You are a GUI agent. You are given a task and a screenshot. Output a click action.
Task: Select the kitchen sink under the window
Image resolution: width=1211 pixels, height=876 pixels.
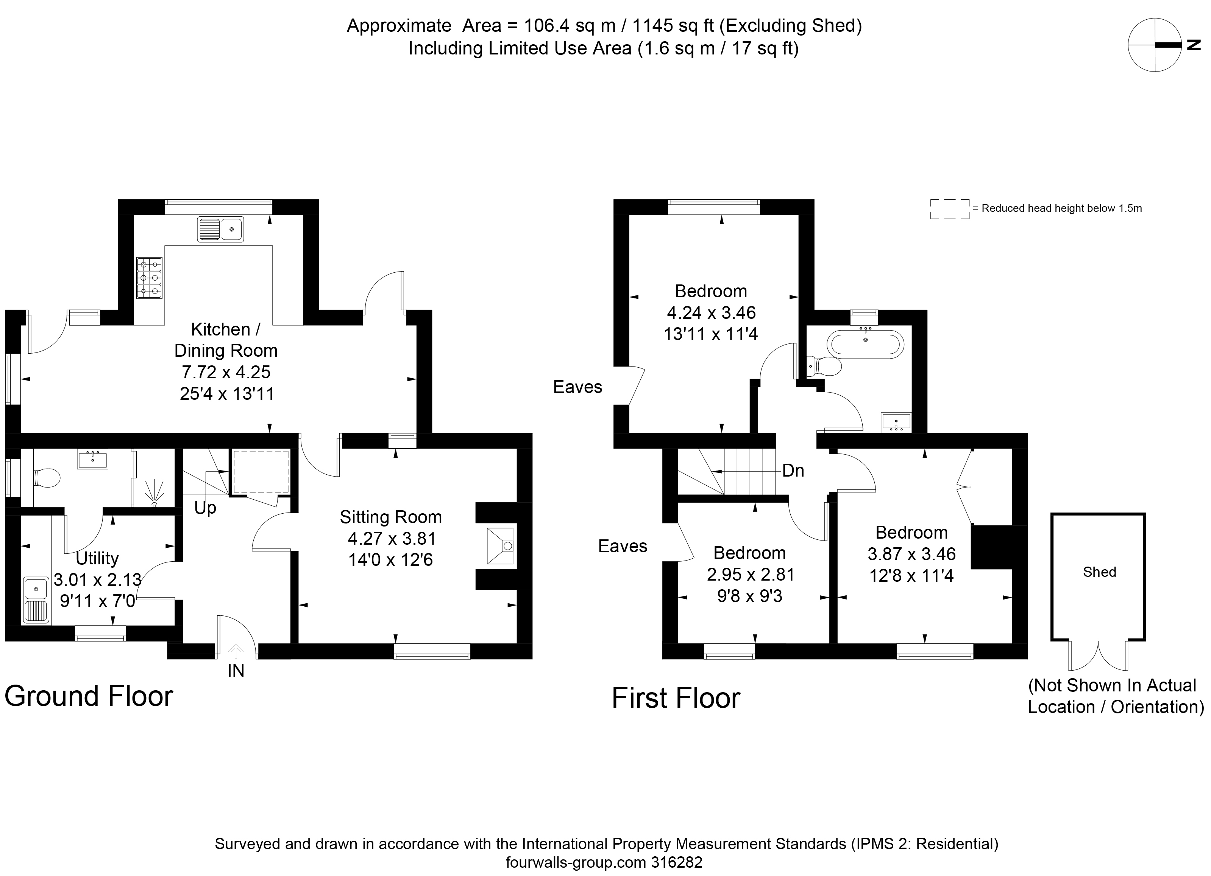click(x=220, y=229)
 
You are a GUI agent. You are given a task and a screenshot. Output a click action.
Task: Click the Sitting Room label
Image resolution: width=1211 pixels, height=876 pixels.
click(x=391, y=517)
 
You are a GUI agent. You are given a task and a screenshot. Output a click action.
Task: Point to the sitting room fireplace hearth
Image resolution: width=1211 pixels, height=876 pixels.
click(x=500, y=546)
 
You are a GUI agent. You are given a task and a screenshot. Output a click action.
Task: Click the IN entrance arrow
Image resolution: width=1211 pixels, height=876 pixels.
click(x=236, y=651)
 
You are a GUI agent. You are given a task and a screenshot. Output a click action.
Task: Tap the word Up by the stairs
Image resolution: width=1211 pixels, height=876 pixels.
click(x=205, y=508)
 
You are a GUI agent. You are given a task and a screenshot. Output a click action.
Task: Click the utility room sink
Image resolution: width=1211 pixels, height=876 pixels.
click(x=36, y=600)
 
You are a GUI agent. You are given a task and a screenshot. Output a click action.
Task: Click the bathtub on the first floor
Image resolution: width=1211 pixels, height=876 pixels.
click(x=866, y=343)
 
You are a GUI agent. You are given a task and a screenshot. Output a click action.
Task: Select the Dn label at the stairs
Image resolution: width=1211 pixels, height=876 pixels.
click(x=793, y=471)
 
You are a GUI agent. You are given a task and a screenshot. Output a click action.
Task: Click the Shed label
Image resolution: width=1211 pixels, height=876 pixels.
click(x=1099, y=572)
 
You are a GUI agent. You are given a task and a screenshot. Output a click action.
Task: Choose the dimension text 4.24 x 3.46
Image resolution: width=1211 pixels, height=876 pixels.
click(x=711, y=313)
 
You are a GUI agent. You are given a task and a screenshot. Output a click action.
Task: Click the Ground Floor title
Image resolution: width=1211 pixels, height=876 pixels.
click(x=89, y=696)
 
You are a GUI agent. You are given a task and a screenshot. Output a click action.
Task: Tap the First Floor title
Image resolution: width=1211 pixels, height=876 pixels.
click(x=676, y=698)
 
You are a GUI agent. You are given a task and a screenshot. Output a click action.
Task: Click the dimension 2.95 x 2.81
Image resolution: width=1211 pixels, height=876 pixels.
click(x=750, y=575)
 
